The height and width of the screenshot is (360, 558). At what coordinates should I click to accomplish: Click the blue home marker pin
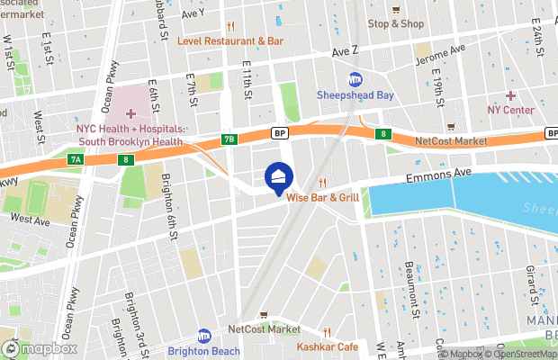tap(279, 176)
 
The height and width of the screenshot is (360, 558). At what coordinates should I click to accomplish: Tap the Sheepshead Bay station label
tap(355, 94)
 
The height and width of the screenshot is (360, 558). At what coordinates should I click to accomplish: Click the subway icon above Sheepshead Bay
tap(355, 79)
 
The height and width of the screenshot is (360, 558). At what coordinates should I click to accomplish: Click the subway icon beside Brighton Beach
tap(203, 335)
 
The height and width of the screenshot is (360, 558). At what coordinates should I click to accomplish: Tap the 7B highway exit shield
tap(229, 139)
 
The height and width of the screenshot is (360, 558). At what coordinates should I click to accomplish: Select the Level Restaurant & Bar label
tap(230, 40)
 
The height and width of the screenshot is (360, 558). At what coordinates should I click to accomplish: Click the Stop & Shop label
tap(395, 23)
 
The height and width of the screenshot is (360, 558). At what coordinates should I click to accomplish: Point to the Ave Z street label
tap(346, 54)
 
